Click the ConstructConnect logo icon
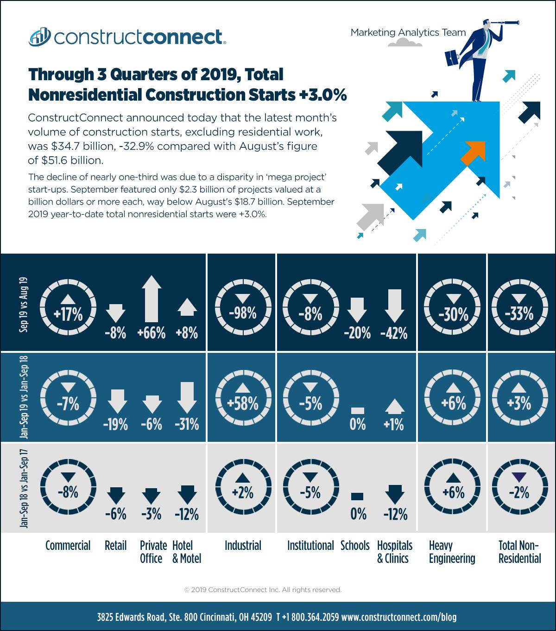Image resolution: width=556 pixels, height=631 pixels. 40,37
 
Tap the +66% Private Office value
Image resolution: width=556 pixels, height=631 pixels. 152,332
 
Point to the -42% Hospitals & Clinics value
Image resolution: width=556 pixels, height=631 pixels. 394,333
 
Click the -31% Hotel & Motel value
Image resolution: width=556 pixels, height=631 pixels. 187,424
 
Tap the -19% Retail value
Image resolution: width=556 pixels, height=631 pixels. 115,424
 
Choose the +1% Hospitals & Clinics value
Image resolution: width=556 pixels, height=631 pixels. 394,424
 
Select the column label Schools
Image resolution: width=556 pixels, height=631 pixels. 355,546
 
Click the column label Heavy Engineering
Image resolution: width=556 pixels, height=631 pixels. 452,552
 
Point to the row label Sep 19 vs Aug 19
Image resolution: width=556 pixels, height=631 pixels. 24,305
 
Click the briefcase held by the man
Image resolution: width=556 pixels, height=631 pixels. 452,58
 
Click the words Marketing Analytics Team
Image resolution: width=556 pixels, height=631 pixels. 408,32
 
